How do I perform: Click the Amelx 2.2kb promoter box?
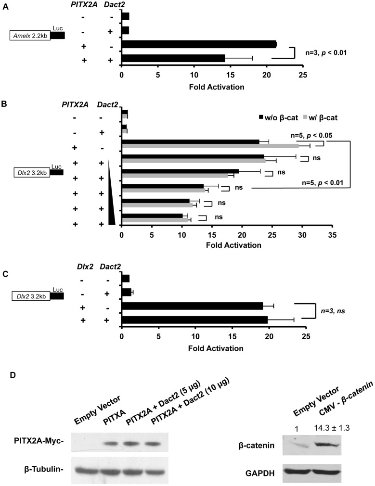[30, 35]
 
